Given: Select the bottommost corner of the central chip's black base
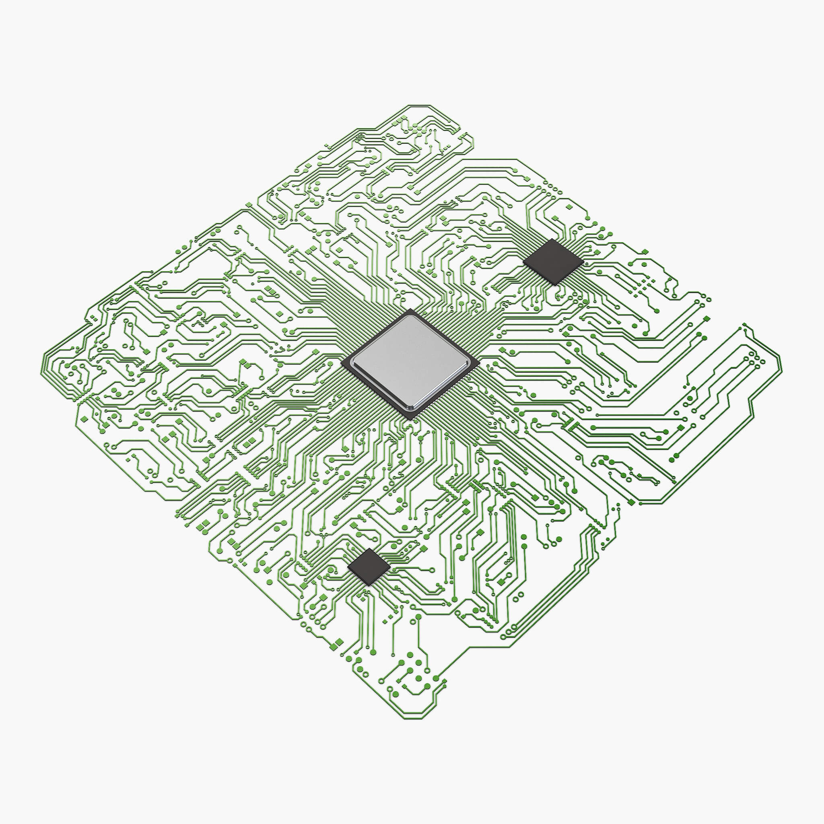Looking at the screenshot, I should (413, 420).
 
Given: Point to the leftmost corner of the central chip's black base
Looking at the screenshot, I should (342, 363).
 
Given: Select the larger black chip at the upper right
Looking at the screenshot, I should (553, 261).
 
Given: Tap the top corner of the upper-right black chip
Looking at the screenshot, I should (552, 239).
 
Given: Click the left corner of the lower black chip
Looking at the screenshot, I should (348, 567).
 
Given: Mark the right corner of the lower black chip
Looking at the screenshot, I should (390, 566).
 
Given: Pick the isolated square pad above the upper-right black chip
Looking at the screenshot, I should (568, 207).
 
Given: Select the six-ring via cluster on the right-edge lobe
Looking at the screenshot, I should (755, 358).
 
